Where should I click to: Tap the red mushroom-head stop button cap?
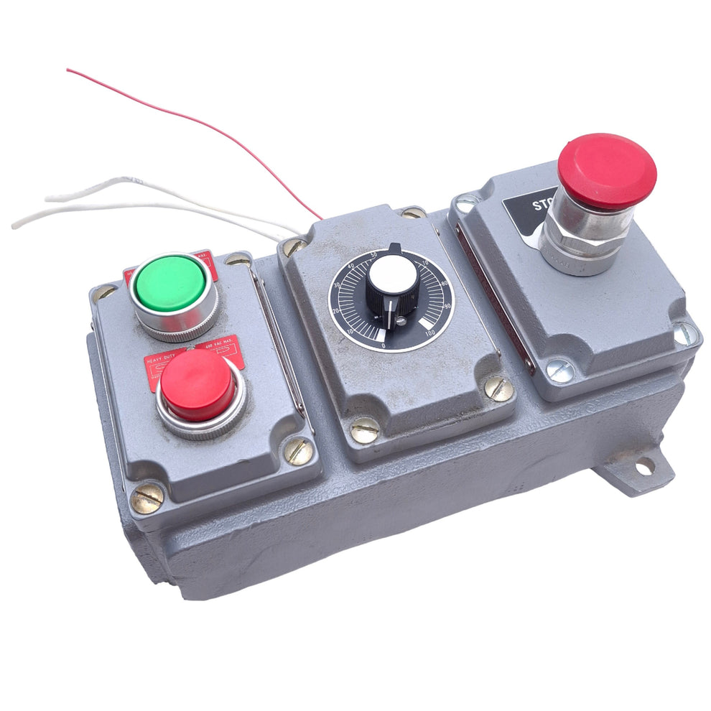coord(607,171)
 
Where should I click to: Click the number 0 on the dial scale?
coord(384,345)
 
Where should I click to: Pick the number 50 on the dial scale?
coord(374,254)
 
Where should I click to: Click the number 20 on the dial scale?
coord(336,311)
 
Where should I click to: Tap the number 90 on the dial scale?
coord(447,306)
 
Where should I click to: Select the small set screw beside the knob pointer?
coord(401,321)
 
